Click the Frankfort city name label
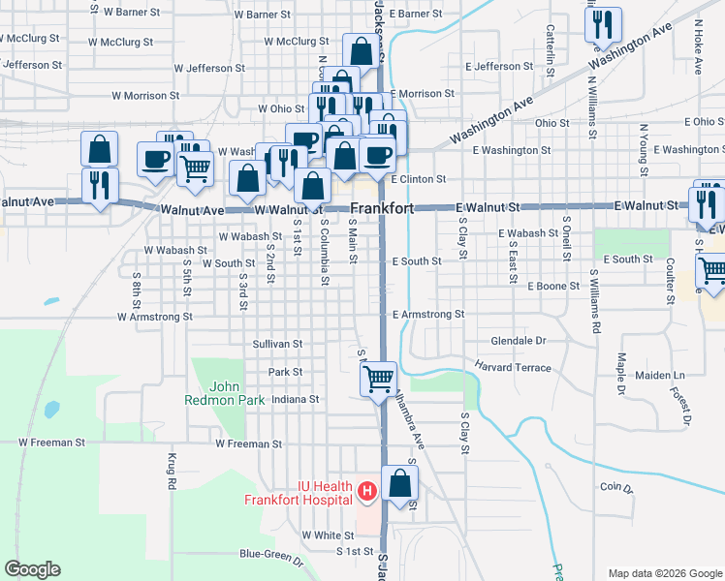382,208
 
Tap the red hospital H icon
367,492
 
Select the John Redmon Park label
211,392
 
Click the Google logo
32,569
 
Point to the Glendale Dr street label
520,341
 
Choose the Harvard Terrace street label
513,368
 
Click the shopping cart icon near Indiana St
378,378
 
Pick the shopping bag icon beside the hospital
399,483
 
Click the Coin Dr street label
615,487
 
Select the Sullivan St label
278,344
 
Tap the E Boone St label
552,287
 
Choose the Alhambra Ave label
408,424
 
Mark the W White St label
328,535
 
